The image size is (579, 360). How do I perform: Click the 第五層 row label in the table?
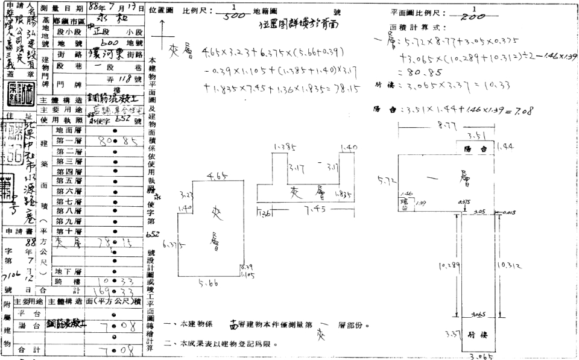68,180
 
